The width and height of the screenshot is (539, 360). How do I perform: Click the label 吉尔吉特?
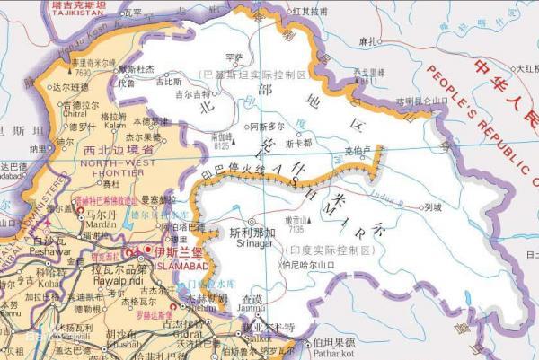tap(191, 92)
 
